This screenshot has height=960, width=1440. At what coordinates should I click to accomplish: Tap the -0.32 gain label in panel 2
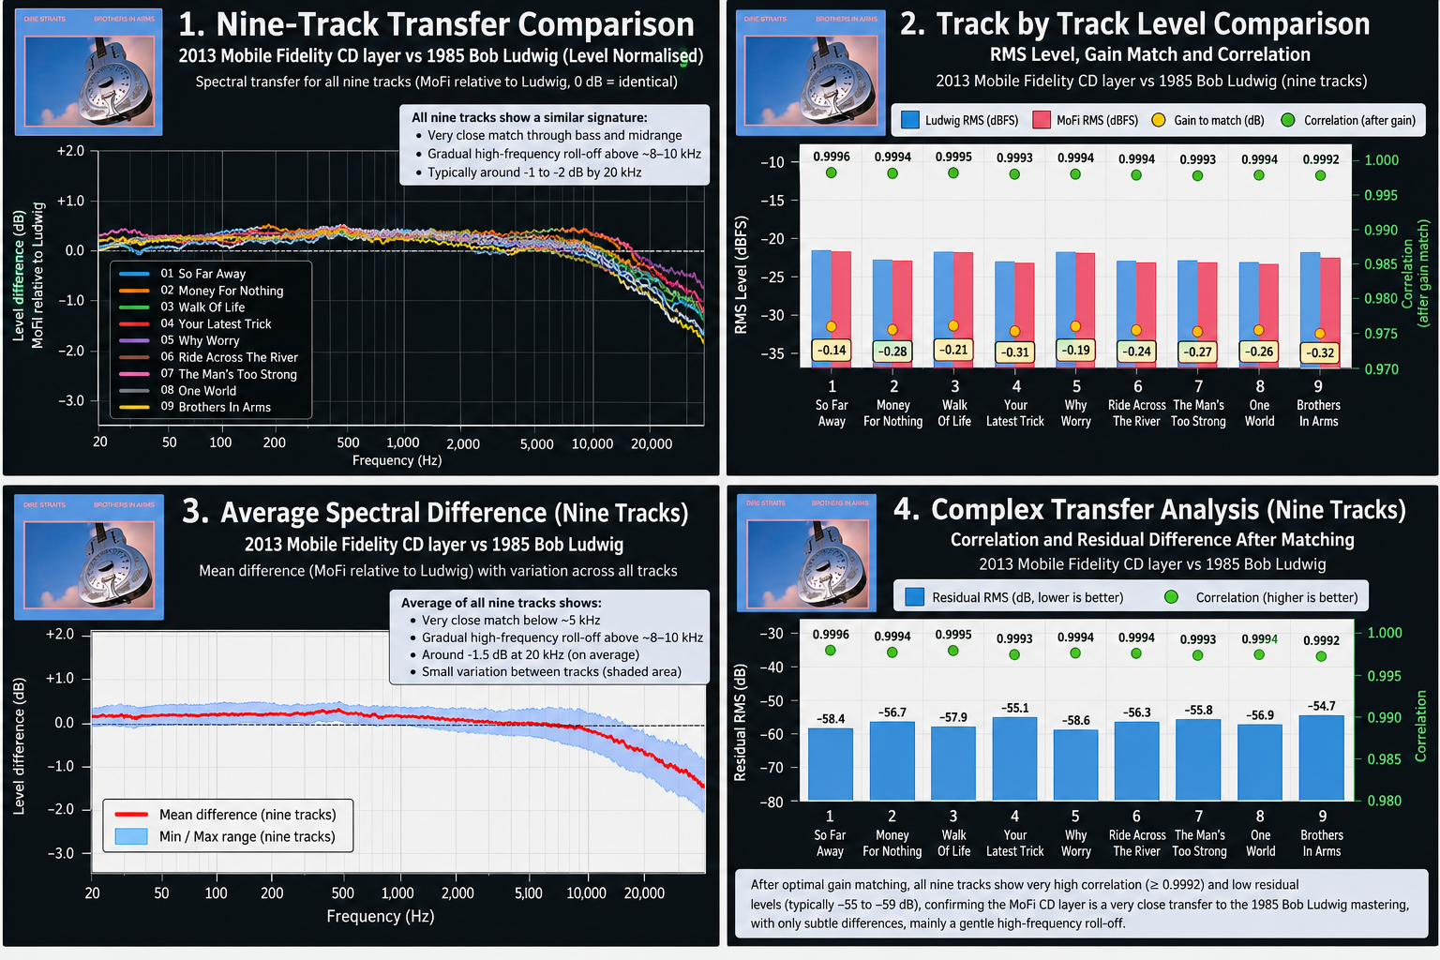click(1320, 352)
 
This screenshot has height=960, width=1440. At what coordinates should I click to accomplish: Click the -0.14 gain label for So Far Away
click(832, 350)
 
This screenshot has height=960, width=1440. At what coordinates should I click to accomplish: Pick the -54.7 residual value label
click(1321, 706)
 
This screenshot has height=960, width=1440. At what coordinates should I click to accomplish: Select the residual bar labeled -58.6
click(1075, 765)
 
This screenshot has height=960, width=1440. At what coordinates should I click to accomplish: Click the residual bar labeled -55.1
click(1014, 758)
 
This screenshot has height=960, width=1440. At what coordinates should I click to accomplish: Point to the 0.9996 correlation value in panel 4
click(831, 635)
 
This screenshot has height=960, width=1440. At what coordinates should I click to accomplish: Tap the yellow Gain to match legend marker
click(1159, 120)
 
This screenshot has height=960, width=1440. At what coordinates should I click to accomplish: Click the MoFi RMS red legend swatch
click(1042, 120)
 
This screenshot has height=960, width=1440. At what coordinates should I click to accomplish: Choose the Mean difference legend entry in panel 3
click(225, 815)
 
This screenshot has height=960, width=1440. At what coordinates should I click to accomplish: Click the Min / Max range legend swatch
click(131, 836)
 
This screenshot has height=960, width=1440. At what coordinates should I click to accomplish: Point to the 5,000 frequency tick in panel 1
click(537, 443)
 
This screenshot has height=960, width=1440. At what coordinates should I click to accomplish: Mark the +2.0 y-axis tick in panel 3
click(60, 634)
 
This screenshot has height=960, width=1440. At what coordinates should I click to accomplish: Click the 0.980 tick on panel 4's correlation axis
click(1384, 802)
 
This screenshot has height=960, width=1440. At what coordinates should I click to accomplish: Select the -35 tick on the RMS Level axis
click(772, 353)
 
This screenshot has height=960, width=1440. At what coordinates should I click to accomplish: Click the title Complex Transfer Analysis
click(1095, 510)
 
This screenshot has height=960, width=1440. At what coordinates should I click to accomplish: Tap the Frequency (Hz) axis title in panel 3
click(381, 916)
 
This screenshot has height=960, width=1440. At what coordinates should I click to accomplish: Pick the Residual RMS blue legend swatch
click(914, 597)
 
